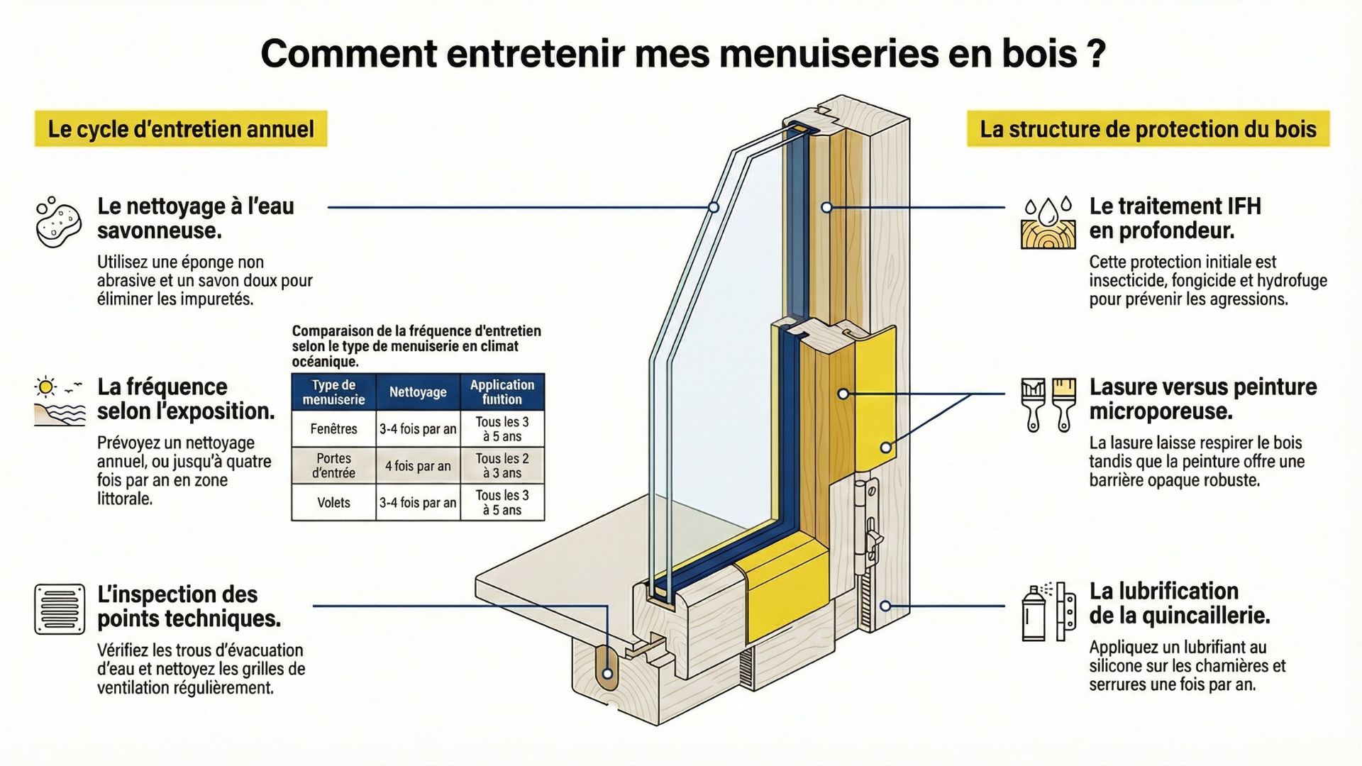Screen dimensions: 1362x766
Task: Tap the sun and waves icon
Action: point(59,401)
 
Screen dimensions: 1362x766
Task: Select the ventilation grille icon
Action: point(60,609)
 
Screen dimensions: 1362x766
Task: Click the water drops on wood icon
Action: point(1048,223)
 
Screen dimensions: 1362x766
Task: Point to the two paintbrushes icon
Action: point(1048,404)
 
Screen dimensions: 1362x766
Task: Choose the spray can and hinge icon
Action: point(1048,611)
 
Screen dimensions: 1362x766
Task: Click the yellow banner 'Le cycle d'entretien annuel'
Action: point(181,129)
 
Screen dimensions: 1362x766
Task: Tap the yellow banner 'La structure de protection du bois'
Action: point(1148,129)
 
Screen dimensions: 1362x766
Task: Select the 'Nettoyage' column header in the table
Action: point(418,392)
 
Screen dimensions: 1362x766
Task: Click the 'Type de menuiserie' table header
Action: point(333,392)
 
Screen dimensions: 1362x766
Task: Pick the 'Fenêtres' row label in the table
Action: point(333,428)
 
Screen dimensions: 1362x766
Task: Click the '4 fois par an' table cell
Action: point(418,466)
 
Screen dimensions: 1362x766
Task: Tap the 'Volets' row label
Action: point(333,503)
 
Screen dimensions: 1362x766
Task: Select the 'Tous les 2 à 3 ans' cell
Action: point(502,466)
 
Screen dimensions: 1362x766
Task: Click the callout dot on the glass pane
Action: point(714,207)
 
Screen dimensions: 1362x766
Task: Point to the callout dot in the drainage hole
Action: point(607,674)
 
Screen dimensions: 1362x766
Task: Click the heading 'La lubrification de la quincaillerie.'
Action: point(1179,603)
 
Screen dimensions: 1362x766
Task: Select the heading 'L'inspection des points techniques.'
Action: point(189,606)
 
